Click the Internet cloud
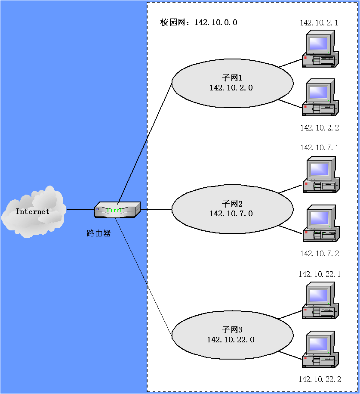(x=33, y=212)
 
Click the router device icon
(x=117, y=210)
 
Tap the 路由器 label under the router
(x=98, y=233)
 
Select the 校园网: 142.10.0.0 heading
(x=199, y=22)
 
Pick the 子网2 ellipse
(x=232, y=209)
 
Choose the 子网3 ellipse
(x=232, y=335)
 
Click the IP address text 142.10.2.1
(x=319, y=23)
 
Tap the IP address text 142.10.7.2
(x=319, y=254)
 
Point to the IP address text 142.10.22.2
(x=320, y=379)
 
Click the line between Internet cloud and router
(x=80, y=210)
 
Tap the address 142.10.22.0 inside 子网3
(x=231, y=340)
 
